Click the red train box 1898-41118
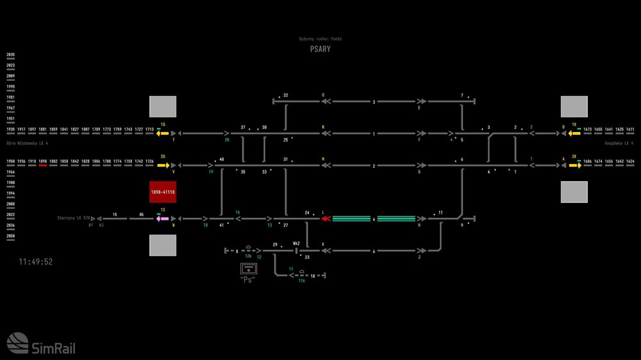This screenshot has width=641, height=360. [163, 192]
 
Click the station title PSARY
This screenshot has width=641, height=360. [320, 49]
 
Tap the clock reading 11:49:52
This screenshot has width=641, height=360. [36, 262]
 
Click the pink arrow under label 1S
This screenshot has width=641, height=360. [162, 218]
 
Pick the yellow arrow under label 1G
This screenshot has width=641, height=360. [163, 133]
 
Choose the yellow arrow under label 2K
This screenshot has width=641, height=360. [574, 165]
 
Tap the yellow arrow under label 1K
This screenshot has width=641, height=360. [574, 133]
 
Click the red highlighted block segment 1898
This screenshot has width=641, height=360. [43, 165]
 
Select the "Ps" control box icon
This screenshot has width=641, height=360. [247, 268]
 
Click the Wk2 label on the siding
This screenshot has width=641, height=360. [296, 243]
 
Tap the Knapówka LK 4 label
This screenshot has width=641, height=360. [619, 143]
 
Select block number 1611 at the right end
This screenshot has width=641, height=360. [630, 129]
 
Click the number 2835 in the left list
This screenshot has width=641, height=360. [11, 56]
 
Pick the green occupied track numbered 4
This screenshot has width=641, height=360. [374, 218]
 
